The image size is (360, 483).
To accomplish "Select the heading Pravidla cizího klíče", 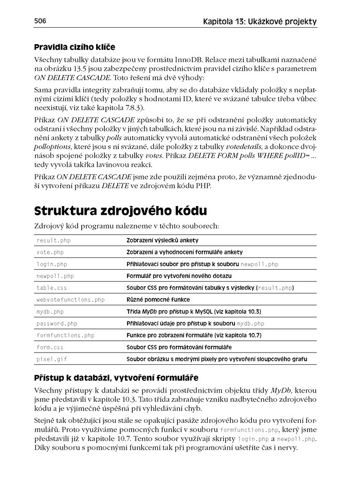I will tap(75, 47).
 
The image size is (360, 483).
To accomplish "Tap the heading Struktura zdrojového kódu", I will tap(121, 211).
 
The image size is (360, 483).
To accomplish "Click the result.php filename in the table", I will tap(53, 240).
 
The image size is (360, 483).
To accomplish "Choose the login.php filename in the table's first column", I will tap(52, 264).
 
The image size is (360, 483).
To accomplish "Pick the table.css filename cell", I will tap(52, 288).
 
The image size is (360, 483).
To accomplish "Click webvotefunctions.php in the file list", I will tap(70, 300).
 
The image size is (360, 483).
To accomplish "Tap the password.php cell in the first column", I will tap(57, 324).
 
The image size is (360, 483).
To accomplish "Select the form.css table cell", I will tap(50, 347).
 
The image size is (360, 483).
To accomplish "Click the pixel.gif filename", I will tap(51, 359).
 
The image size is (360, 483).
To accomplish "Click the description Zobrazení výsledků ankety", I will tap(163, 240).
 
